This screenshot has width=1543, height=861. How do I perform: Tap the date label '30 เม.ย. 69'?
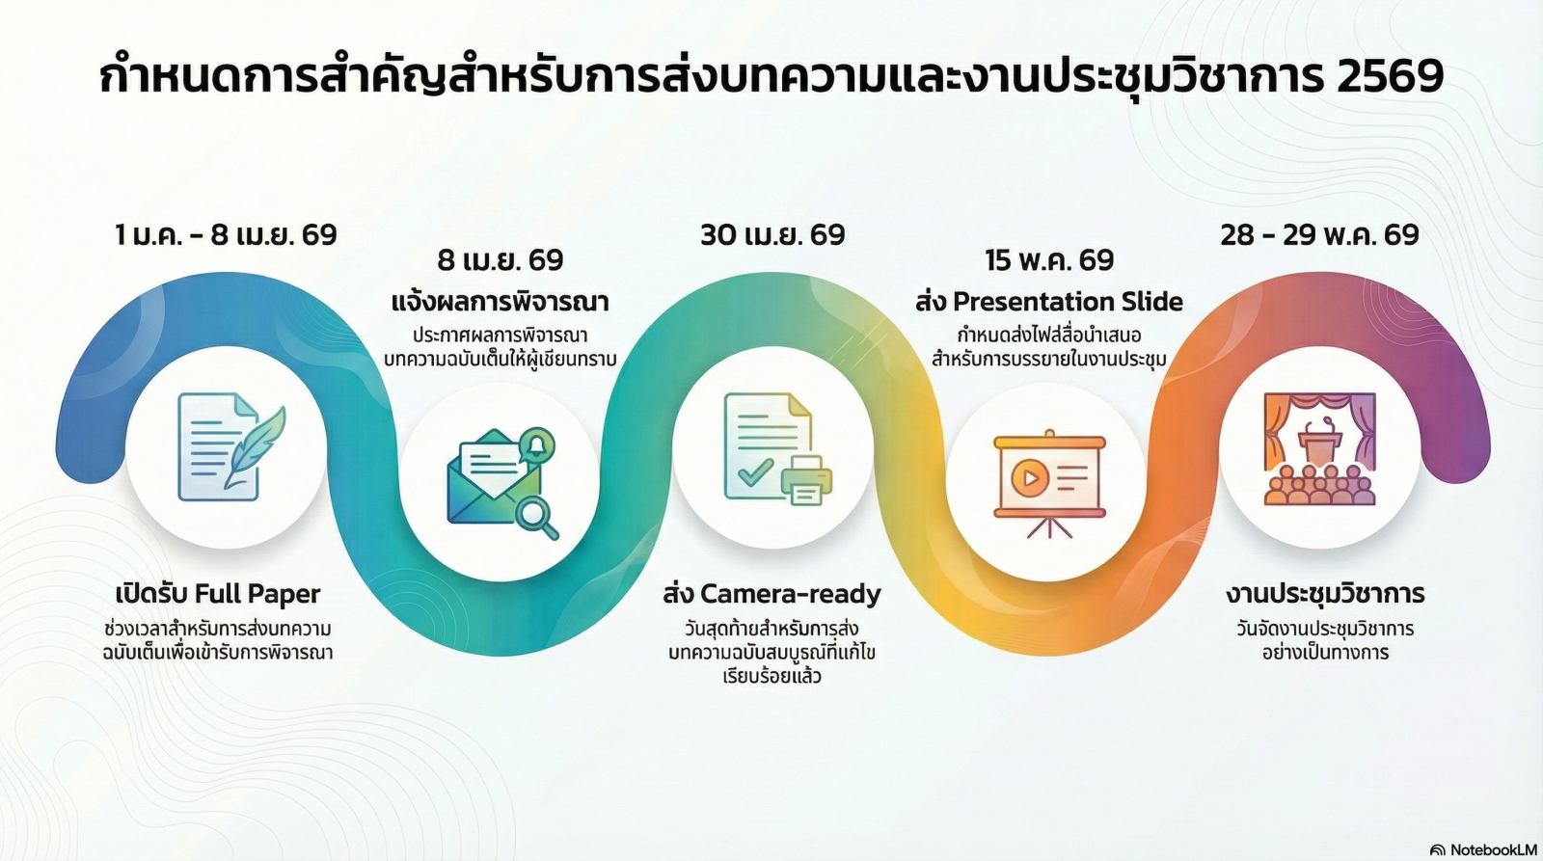[x=772, y=235]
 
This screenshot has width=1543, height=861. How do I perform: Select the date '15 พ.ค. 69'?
[x=1049, y=260]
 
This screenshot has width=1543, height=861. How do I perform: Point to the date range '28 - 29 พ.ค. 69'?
[x=1320, y=235]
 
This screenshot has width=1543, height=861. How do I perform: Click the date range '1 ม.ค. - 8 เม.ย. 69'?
[x=226, y=235]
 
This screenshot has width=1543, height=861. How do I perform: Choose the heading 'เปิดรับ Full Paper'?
[x=218, y=593]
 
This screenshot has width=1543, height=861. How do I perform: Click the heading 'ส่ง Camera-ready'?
[x=772, y=594]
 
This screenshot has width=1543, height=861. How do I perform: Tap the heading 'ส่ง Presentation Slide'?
[x=1049, y=302]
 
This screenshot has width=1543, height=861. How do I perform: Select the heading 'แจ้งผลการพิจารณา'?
[x=501, y=303]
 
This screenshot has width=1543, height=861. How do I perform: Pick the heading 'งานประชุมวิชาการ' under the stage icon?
[x=1325, y=594]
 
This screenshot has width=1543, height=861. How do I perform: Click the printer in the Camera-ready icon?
[x=806, y=479]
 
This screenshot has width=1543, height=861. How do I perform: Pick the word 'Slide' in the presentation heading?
[x=1149, y=302]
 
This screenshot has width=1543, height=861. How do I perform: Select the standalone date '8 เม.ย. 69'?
[x=501, y=260]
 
